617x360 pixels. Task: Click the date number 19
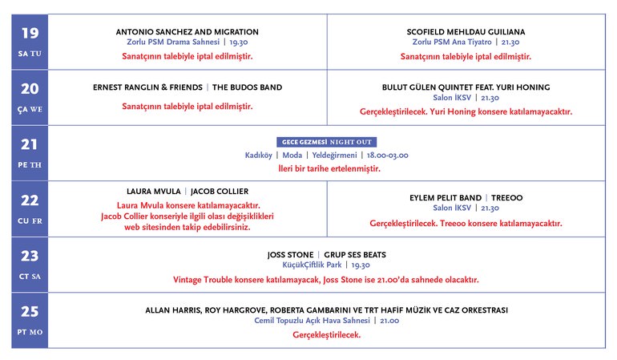click(30, 33)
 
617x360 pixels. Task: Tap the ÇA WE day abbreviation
click(30, 110)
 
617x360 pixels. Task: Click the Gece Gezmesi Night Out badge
click(326, 141)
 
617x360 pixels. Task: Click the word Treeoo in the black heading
click(506, 197)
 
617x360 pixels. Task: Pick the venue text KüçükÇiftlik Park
click(312, 265)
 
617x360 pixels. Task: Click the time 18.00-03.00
click(387, 154)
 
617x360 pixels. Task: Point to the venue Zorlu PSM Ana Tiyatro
click(452, 41)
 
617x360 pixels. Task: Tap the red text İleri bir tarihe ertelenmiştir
click(326, 168)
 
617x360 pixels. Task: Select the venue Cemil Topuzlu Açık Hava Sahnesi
click(305, 321)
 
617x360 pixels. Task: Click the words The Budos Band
click(247, 87)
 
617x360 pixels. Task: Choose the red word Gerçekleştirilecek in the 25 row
click(326, 335)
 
